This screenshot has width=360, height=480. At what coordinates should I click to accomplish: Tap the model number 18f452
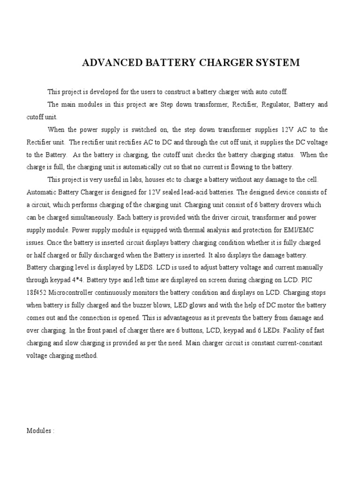[x=37, y=293]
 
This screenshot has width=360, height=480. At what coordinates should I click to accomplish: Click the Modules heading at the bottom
[x=40, y=431]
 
